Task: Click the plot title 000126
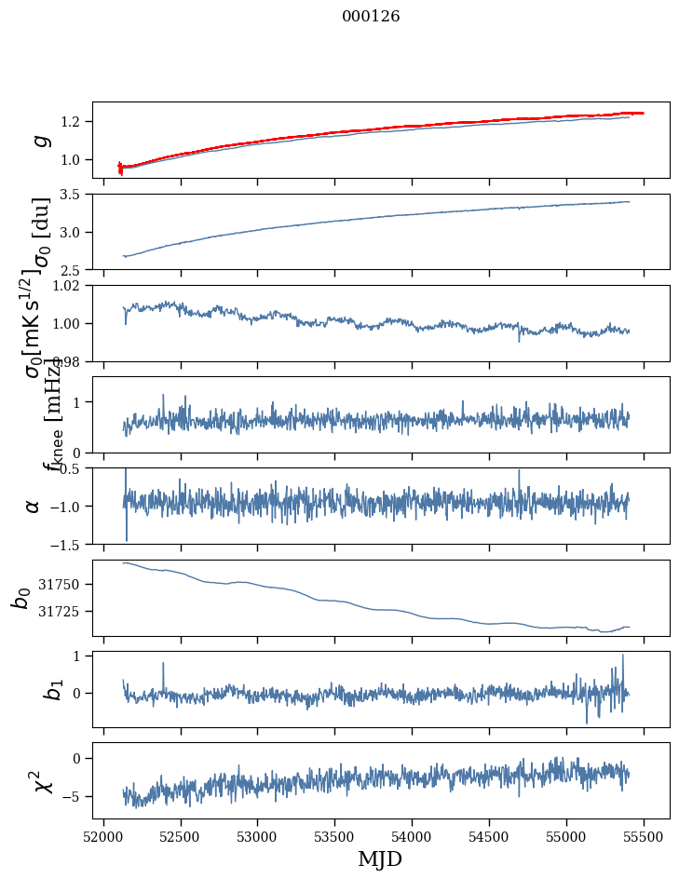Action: click(371, 17)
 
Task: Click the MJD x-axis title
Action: click(380, 859)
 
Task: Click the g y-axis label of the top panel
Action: click(38, 140)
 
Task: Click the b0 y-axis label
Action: click(21, 598)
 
